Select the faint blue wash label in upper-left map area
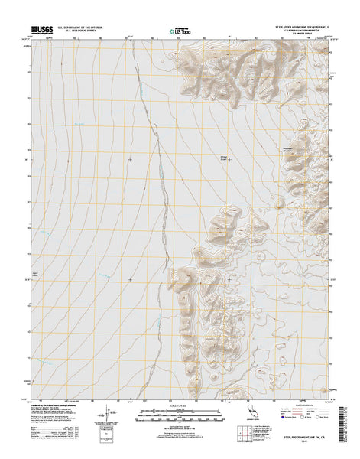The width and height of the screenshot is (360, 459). click(79, 124)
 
